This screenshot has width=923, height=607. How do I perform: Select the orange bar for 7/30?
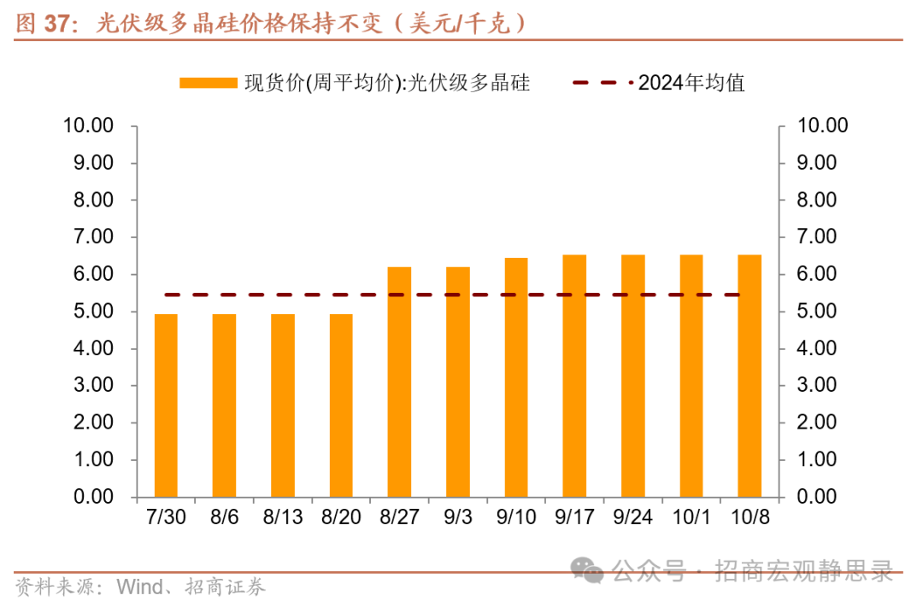point(166,406)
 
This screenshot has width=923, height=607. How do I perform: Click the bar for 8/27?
point(399,382)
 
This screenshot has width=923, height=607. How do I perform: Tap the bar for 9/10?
point(516,377)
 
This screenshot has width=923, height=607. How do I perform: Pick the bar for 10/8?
point(750,376)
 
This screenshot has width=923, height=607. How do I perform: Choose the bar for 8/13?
point(283,406)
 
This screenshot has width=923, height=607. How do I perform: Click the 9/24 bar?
point(632,376)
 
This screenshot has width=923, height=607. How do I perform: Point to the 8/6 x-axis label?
point(224,517)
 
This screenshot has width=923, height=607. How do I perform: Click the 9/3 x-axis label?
point(457,517)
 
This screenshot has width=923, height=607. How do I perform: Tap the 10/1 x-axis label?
point(691,517)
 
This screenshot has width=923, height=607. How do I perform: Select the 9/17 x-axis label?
point(574,517)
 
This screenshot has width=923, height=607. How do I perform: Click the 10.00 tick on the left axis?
point(88,125)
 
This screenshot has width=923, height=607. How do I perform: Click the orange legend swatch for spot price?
point(208,83)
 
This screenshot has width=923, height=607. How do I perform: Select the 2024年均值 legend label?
point(691,83)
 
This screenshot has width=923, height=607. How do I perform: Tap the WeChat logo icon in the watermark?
point(588,569)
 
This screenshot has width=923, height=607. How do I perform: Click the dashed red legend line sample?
point(602,83)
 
